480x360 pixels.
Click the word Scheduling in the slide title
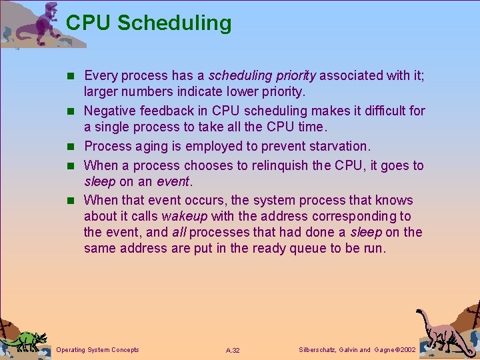pos(175,23)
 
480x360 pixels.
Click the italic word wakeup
pos(184,217)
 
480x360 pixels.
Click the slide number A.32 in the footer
pos(233,350)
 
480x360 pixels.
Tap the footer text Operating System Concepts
pos(98,349)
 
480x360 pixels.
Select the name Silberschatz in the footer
pos(321,349)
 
